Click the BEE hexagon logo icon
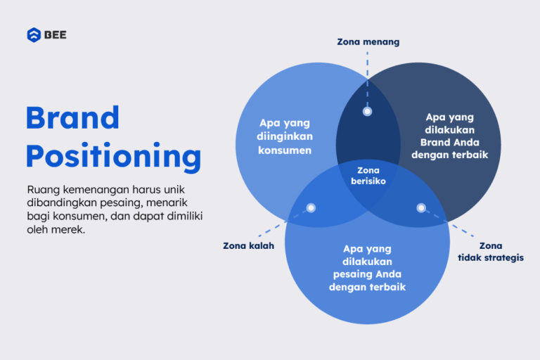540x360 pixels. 34,35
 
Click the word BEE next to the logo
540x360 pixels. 55,35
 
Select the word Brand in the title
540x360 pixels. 72,117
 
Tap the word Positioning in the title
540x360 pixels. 113,156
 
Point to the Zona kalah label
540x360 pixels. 248,245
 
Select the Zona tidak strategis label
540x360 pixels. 490,252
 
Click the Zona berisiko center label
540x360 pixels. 368,175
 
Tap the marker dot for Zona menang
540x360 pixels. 367,111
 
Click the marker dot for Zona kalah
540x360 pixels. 311,207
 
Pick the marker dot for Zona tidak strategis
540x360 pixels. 421,207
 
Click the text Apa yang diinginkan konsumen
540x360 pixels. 285,136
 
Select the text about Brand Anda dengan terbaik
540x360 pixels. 450,136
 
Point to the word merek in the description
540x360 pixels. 69,229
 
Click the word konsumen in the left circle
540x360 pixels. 285,150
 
